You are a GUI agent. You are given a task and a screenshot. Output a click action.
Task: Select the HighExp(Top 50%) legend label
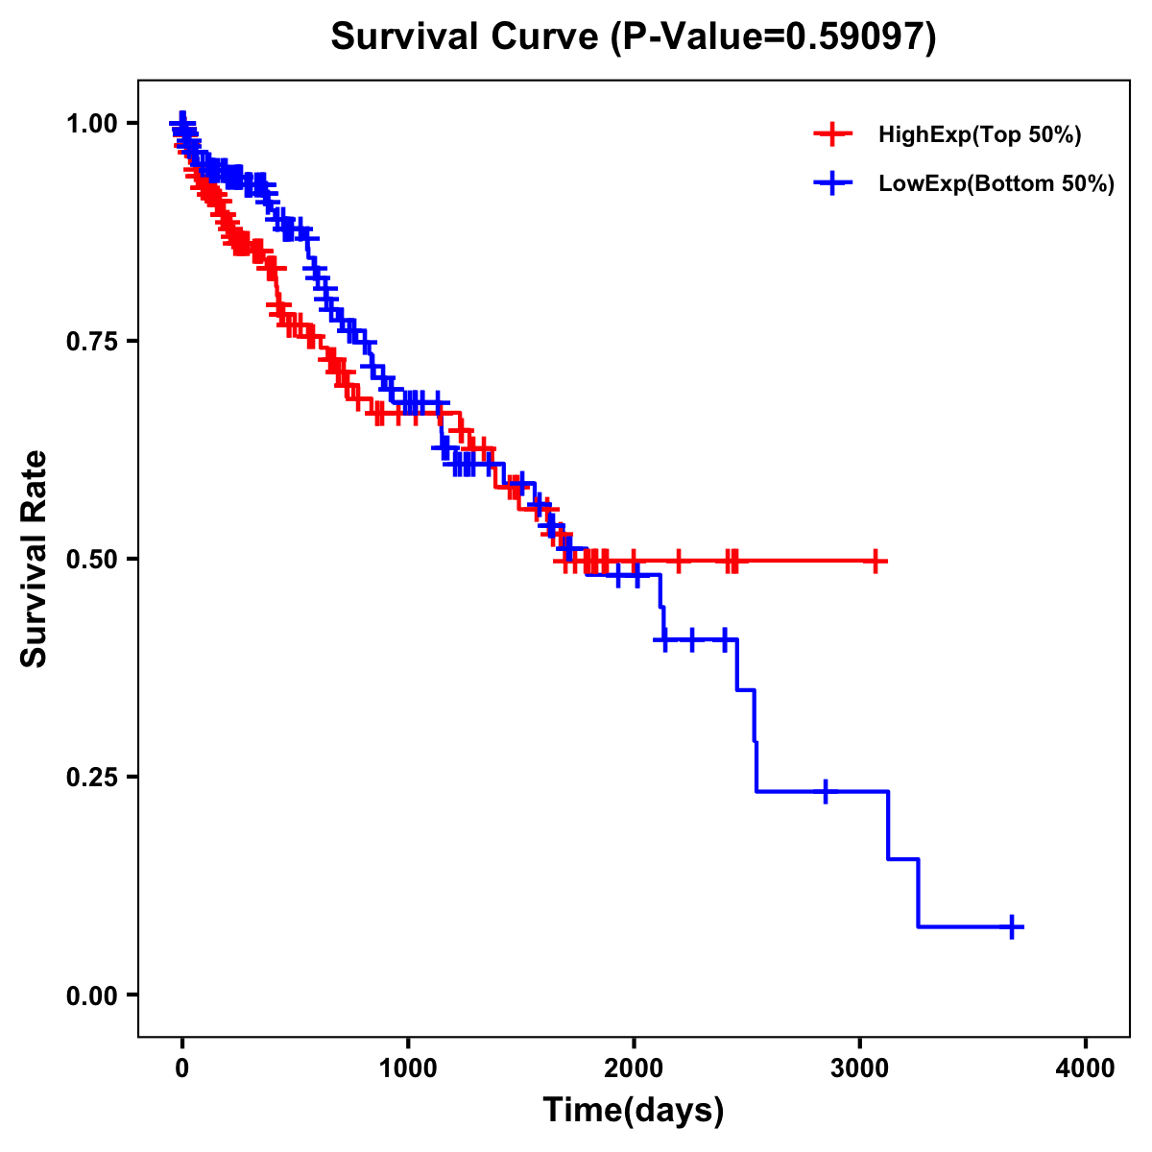point(979,135)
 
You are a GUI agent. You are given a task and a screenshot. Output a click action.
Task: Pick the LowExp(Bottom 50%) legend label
point(996,184)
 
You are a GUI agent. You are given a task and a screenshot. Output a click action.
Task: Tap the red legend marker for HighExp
point(832,134)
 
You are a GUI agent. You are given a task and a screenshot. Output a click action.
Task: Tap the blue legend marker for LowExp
point(832,183)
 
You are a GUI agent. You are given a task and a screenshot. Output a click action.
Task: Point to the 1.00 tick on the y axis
point(94,123)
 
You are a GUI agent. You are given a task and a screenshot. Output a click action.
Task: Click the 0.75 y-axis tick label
point(94,341)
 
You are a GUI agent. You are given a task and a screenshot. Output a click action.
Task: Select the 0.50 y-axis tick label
point(94,559)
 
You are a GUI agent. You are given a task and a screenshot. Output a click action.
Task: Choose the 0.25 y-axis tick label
point(94,777)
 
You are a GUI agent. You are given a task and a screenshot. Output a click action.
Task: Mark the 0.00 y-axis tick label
point(94,995)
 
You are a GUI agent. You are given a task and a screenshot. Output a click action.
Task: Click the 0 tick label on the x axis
point(182,1068)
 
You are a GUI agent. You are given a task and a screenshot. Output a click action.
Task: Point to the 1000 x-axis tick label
point(408,1068)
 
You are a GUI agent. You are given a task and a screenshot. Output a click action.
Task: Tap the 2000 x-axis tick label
point(634,1068)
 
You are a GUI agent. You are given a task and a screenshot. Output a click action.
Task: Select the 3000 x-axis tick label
point(860,1068)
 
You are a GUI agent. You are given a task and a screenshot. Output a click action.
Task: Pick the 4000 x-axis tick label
point(1086,1068)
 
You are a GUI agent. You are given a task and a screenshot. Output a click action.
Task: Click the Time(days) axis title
point(634,1110)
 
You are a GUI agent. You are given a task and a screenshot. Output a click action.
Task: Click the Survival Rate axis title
point(35,559)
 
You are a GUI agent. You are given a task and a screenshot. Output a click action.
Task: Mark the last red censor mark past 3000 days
point(876,561)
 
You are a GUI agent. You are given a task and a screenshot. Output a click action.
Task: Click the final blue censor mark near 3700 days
point(1012,926)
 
